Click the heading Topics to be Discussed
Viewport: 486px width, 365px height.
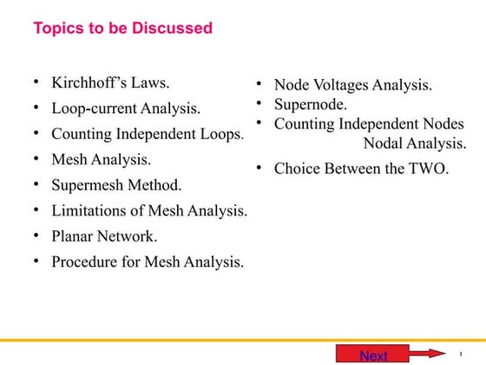pos(122,29)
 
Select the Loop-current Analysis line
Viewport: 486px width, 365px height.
pos(127,109)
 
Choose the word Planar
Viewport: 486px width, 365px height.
pos(75,236)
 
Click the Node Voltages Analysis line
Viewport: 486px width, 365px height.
pos(353,85)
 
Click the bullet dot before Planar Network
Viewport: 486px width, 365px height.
pos(36,236)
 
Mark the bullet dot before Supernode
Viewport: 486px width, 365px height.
pos(259,105)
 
